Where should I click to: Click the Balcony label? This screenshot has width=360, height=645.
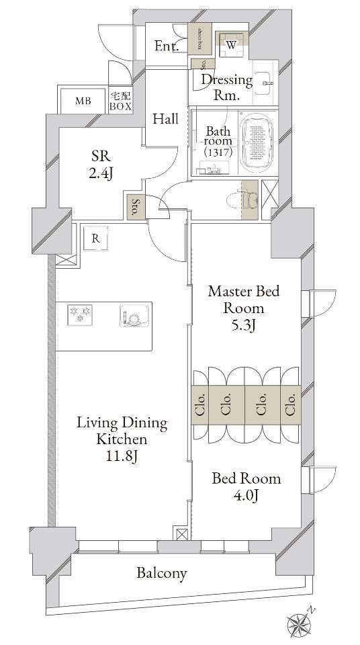(x=161, y=574)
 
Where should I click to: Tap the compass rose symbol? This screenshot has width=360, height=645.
(x=299, y=624)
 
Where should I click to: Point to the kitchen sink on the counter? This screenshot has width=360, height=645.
(x=133, y=316)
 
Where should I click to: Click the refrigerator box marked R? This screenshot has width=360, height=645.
(x=96, y=238)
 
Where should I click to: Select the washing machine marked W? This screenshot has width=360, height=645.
(x=231, y=45)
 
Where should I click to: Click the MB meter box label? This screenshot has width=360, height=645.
(x=83, y=101)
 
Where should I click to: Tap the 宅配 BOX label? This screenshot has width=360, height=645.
(x=120, y=101)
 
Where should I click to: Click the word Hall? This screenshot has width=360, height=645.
(x=165, y=119)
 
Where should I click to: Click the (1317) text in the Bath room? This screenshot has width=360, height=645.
(x=218, y=153)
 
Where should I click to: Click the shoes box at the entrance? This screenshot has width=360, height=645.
(x=200, y=40)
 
